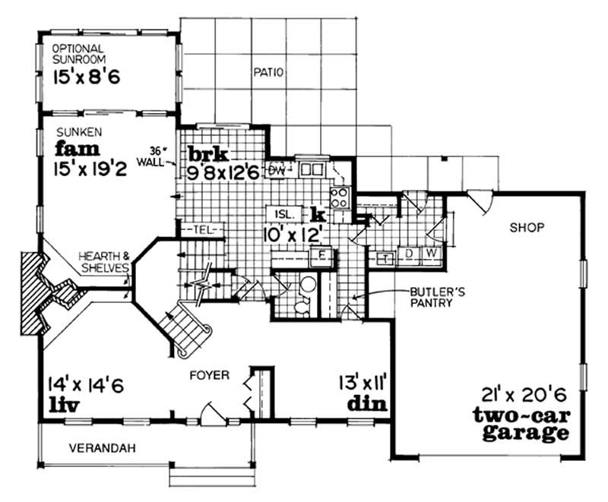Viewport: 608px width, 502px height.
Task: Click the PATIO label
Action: pyautogui.click(x=266, y=74)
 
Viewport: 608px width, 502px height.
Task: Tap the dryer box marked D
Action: pyautogui.click(x=408, y=252)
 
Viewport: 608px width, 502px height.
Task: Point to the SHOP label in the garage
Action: pyautogui.click(x=523, y=227)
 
